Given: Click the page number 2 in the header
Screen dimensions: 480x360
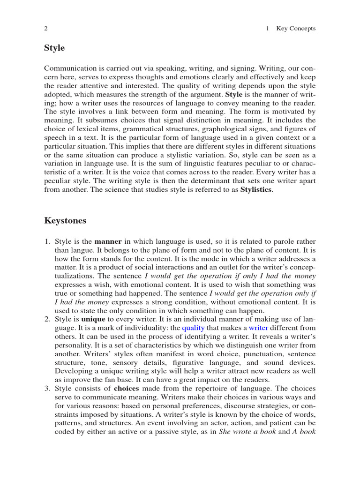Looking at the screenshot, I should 46,29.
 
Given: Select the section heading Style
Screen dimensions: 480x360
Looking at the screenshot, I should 54,48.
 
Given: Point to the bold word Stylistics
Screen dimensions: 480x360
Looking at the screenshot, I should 256,190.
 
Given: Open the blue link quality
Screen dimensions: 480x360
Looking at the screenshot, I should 193,328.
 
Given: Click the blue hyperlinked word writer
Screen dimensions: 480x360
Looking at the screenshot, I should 258,328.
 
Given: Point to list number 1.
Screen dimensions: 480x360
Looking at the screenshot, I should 47,241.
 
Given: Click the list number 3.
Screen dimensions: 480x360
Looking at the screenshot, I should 47,389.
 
